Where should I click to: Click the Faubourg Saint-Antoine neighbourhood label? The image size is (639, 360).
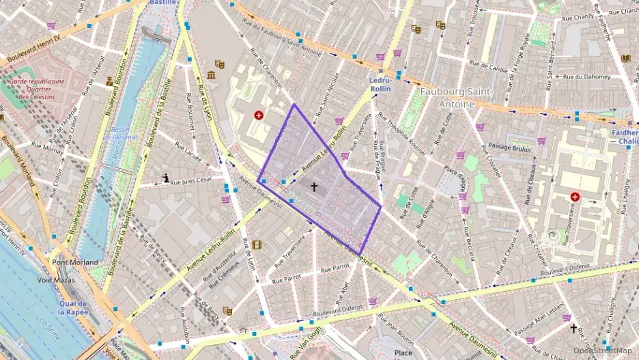447,97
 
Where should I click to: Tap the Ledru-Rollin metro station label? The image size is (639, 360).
380,84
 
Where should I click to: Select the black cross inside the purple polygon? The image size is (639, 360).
314,186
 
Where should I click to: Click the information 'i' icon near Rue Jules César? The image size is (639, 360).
165,178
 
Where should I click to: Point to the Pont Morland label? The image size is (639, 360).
75,262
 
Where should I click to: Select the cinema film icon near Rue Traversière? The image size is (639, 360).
256,245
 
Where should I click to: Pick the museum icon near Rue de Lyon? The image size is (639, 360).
211,74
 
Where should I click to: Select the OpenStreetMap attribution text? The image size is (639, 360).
602,350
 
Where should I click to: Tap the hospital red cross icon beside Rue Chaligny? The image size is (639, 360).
575,197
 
